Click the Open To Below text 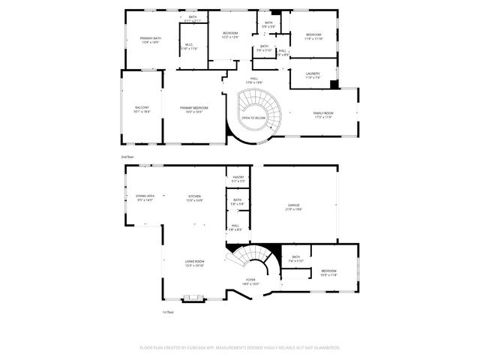(x=253, y=118)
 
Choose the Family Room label (x=323, y=114)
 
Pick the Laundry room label (x=313, y=75)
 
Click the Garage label (x=294, y=206)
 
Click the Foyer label (x=250, y=281)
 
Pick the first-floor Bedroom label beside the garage (x=328, y=272)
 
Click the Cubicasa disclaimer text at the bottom (x=240, y=347)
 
